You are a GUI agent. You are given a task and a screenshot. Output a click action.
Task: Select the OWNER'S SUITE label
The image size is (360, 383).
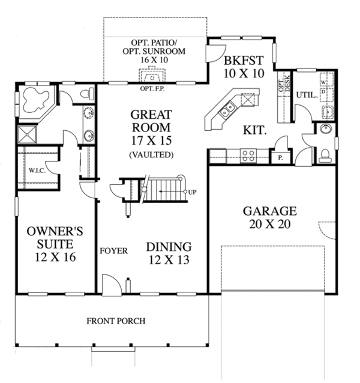[x=50, y=244]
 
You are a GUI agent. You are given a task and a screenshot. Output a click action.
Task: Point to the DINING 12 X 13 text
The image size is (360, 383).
[x=168, y=253]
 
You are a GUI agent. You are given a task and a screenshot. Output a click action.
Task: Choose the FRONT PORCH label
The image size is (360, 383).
[x=116, y=321]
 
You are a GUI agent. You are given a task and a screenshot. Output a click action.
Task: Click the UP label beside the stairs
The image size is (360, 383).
[x=192, y=193]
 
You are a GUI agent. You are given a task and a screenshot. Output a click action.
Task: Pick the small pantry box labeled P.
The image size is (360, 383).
[x=280, y=157]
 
